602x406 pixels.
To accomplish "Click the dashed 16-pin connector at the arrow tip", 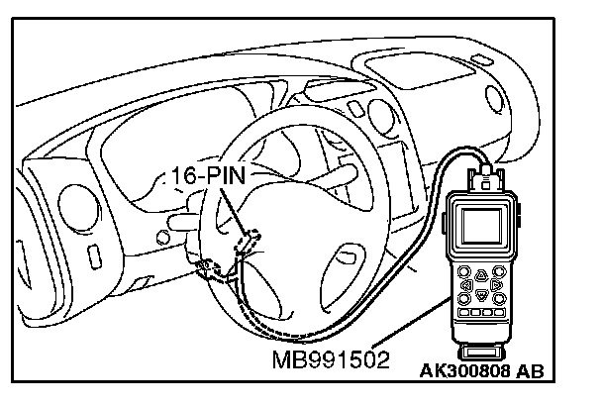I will click(x=252, y=238).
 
